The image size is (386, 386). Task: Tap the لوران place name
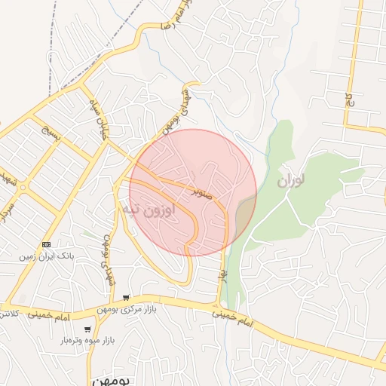(293, 181)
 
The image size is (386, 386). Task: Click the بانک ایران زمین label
(47, 257)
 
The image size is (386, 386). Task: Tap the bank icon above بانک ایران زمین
(47, 245)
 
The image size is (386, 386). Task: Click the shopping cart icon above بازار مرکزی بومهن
(126, 298)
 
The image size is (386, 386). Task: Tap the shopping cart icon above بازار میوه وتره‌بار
(88, 329)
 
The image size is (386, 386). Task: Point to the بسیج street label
(40, 135)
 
